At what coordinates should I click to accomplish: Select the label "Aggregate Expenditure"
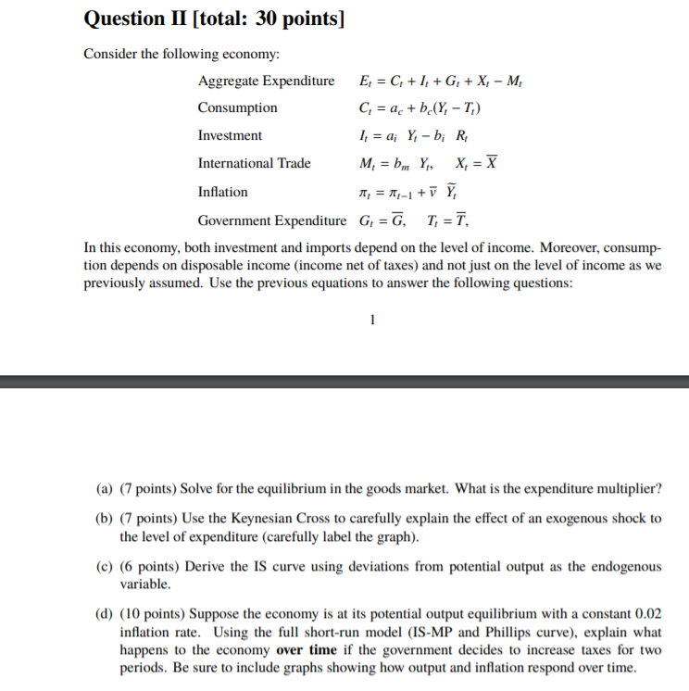[x=266, y=81]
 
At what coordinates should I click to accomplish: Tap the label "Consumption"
[x=237, y=108]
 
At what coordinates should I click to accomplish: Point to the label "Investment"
[x=230, y=135]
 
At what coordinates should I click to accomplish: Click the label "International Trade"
[x=254, y=163]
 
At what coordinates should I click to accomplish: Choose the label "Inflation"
[x=222, y=192]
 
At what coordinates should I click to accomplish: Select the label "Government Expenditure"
[x=271, y=220]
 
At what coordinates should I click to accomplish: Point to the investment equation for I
[x=405, y=135]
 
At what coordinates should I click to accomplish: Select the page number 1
[x=371, y=320]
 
